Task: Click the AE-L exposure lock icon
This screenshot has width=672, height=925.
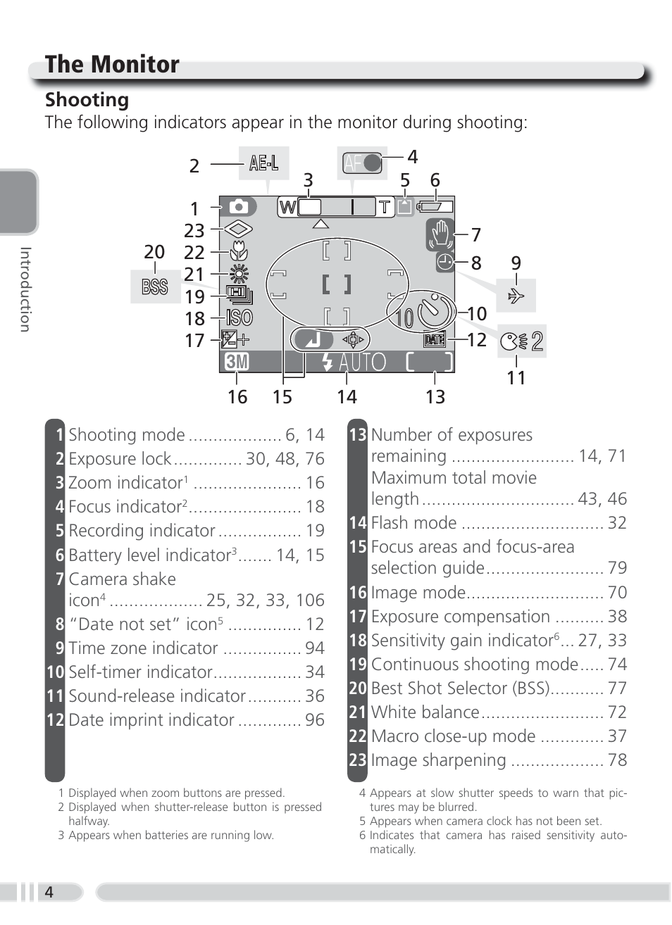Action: (263, 163)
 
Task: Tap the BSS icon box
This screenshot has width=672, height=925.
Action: (155, 287)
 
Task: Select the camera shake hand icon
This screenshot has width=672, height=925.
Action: (440, 234)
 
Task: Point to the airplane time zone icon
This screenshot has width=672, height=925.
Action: (516, 296)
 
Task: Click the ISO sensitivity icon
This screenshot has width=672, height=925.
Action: (239, 318)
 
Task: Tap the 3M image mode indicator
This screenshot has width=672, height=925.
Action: (237, 362)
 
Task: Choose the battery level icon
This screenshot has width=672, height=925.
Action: (435, 207)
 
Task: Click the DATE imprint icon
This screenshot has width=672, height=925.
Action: (435, 340)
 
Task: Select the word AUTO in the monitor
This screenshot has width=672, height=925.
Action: (363, 362)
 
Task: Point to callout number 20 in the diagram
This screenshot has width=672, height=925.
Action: (154, 252)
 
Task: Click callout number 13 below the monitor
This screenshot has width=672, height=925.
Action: (435, 397)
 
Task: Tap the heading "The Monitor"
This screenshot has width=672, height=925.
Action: (112, 64)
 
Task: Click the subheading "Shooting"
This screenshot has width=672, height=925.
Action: (87, 100)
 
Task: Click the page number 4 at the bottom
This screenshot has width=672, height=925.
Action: (49, 892)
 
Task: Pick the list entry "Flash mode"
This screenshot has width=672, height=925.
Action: (414, 523)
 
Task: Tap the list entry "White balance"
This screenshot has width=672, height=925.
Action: (425, 712)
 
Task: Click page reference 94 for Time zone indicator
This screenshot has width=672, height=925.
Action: (315, 648)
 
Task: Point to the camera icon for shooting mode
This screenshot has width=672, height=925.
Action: (239, 207)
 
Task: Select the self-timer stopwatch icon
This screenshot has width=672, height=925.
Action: (433, 311)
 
